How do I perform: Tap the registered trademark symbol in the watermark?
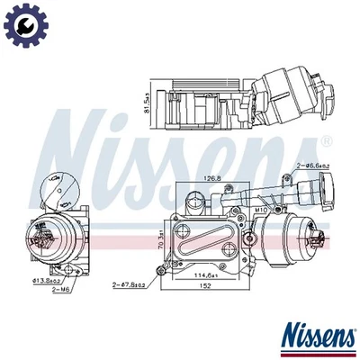pyautogui.click(x=326, y=142)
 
